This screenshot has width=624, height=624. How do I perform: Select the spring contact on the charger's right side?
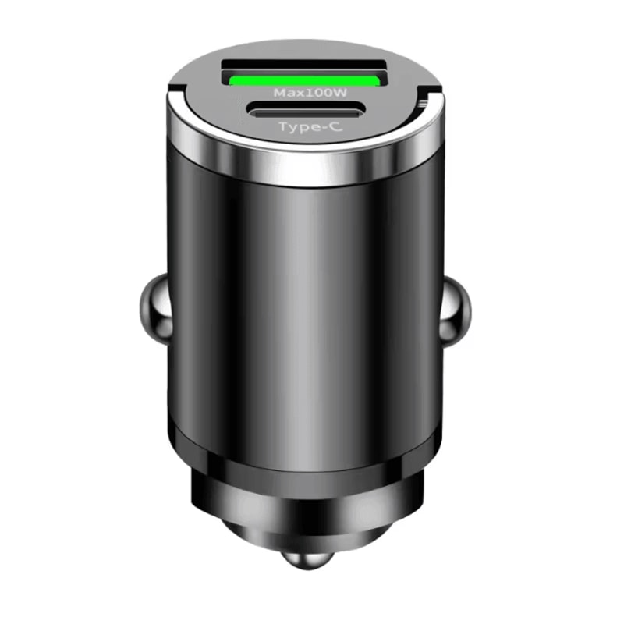[x=456, y=310]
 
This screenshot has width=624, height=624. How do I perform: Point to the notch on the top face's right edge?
[x=423, y=97]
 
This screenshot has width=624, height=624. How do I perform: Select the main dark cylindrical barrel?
[x=304, y=312]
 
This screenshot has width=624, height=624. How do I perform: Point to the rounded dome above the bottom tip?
[x=304, y=538]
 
